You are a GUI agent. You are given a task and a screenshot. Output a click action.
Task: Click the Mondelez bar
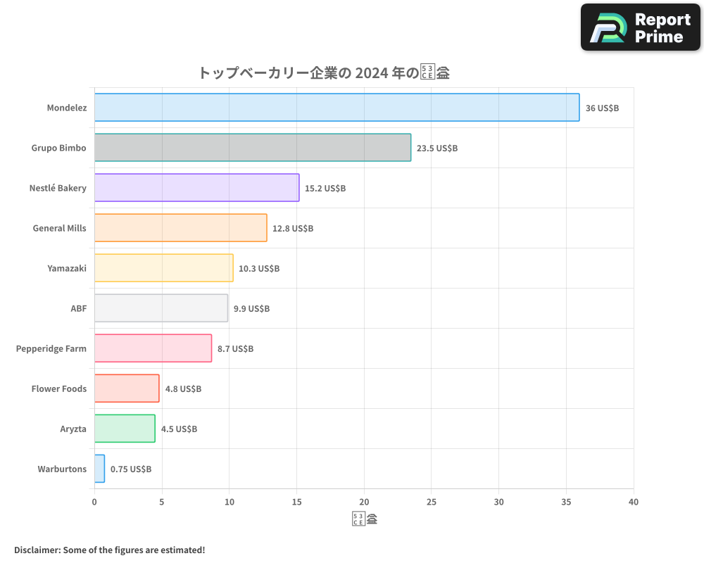point(337,108)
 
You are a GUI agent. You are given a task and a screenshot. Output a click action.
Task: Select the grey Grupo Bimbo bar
point(252,148)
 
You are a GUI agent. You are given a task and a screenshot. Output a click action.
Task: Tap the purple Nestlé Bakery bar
point(196,188)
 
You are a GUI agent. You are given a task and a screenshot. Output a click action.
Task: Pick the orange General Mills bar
point(180,228)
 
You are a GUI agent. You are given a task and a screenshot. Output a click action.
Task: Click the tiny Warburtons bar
point(99,469)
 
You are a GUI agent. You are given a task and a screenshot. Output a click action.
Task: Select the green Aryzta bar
point(125,429)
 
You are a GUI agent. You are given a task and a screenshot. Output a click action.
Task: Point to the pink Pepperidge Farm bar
point(153,348)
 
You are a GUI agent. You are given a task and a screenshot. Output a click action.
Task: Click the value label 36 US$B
point(602,108)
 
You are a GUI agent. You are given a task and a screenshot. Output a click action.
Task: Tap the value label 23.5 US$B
point(437,148)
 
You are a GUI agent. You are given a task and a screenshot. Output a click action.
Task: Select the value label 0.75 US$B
point(131,469)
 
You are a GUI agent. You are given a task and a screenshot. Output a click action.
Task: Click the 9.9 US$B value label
point(251,309)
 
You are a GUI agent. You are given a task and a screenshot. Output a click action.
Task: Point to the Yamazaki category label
point(67,268)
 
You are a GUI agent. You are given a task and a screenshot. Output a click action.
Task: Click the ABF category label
point(77,308)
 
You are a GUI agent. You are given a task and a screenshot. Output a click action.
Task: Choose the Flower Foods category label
point(59,388)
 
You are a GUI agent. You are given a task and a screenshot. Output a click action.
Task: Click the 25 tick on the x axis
point(432,502)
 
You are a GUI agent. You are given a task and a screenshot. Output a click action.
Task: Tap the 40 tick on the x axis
point(634,502)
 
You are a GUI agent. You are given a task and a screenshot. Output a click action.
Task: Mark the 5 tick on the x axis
point(162,502)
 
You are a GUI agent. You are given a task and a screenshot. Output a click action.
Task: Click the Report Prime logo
point(641,27)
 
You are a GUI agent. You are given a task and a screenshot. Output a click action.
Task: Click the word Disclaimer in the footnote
point(37,550)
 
